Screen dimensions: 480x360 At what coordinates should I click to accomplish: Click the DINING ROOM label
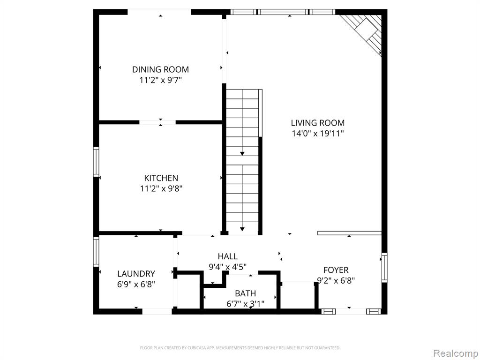[160, 69]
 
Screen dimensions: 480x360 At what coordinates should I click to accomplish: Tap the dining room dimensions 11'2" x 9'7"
[161, 81]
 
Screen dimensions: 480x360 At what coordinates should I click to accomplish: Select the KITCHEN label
[161, 178]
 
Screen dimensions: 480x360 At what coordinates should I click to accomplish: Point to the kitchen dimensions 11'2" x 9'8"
[161, 188]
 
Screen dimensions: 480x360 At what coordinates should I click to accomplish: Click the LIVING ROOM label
[317, 123]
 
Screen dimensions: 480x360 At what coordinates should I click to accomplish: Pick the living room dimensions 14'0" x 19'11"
[318, 134]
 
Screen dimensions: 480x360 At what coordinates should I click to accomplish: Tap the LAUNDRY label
[136, 273]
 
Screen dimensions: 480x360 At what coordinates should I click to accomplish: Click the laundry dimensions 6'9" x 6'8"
[136, 285]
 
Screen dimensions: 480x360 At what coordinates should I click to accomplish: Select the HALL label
[227, 256]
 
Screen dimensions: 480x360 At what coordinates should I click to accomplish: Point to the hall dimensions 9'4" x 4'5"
[227, 267]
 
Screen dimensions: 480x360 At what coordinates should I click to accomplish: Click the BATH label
[245, 293]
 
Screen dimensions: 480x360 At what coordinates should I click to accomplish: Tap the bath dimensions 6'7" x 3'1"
[245, 304]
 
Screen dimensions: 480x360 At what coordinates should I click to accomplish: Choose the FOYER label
[336, 270]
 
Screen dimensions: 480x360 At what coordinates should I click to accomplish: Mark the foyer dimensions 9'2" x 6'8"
[336, 281]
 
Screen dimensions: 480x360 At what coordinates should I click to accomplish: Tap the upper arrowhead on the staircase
[242, 154]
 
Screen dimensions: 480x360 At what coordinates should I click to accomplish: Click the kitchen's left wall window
[96, 162]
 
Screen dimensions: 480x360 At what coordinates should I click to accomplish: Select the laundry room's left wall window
[96, 251]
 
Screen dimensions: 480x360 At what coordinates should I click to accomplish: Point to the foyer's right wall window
[384, 267]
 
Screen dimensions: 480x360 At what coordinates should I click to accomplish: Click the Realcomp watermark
[456, 353]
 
